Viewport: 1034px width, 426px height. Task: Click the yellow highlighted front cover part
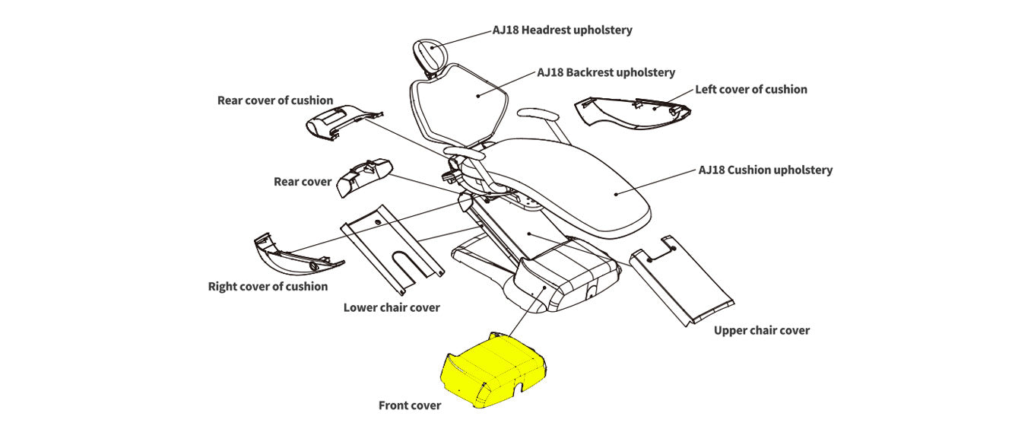click(493, 370)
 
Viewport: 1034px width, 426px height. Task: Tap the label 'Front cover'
click(410, 405)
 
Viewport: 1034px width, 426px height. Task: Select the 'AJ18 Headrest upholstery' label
click(562, 30)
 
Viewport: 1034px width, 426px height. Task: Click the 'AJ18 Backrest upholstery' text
click(606, 72)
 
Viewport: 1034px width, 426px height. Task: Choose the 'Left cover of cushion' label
click(751, 89)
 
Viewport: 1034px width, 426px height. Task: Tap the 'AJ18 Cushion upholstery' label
click(765, 170)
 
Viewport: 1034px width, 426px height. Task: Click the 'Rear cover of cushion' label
click(275, 100)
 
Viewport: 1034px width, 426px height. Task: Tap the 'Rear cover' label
click(303, 182)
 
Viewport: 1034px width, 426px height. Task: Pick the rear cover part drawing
click(363, 180)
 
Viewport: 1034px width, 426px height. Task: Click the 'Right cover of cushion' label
click(268, 286)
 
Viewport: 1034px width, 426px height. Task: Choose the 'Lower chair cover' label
click(392, 307)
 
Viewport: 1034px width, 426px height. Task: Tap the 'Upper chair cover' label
click(762, 330)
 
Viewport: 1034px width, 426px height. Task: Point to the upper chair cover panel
click(684, 278)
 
